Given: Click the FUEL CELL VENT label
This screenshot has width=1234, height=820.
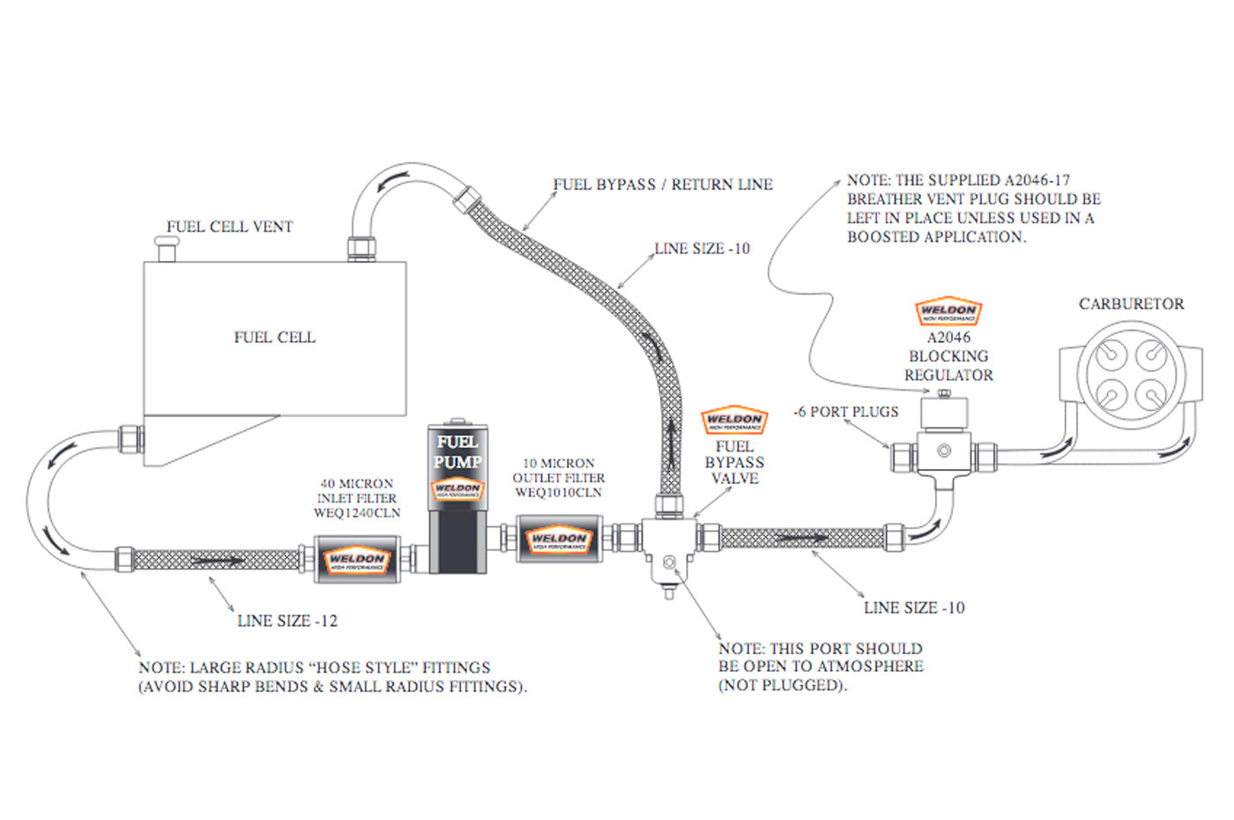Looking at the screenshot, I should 229,227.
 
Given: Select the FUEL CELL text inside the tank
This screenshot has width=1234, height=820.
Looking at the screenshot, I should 274,337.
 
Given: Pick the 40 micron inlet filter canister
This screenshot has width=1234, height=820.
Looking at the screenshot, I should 357,559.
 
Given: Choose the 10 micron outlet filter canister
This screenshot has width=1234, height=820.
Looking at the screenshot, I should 558,539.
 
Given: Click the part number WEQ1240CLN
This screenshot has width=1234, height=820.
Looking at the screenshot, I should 356,512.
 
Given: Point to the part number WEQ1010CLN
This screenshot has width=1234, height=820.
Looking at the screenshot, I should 558,492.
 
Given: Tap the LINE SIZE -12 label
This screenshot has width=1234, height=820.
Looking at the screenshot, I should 287,621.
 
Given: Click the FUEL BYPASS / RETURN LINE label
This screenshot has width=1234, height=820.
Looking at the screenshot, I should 663,184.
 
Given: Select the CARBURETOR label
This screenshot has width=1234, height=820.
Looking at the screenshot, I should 1131,303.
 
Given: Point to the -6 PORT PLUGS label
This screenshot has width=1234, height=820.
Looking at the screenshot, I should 845,412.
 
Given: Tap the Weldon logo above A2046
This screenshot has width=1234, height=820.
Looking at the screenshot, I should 948,311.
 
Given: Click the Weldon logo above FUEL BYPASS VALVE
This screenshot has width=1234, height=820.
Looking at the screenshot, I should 734,421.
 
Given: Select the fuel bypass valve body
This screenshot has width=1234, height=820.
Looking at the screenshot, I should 667,541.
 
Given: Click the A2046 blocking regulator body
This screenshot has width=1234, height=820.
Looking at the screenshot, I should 944,441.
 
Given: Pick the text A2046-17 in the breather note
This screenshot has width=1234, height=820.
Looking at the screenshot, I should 1037,180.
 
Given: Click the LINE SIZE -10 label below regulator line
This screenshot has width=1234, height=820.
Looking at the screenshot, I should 914,608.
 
